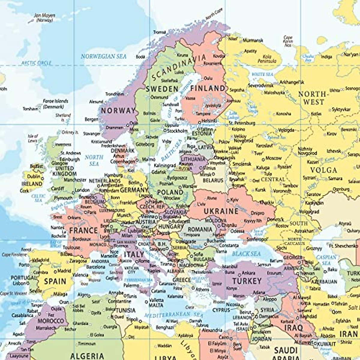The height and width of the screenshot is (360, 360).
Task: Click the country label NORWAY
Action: tap(118, 110)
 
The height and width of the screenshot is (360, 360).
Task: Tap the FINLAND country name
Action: tap(208, 88)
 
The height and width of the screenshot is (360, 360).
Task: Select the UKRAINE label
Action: tap(221, 211)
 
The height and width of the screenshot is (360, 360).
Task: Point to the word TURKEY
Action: tap(247, 281)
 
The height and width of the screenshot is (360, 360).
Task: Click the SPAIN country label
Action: tap(55, 281)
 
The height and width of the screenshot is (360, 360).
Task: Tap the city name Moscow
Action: tap(274, 158)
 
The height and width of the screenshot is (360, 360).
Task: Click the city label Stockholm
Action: tap(177, 131)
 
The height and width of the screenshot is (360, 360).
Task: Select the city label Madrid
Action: tap(64, 271)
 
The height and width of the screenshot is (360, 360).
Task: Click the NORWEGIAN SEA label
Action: tap(103, 56)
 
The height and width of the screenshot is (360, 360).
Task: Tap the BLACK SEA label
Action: tap(246, 254)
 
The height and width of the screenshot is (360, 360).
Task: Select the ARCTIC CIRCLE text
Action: tap(36, 63)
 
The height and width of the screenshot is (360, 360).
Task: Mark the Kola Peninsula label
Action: tap(267, 59)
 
